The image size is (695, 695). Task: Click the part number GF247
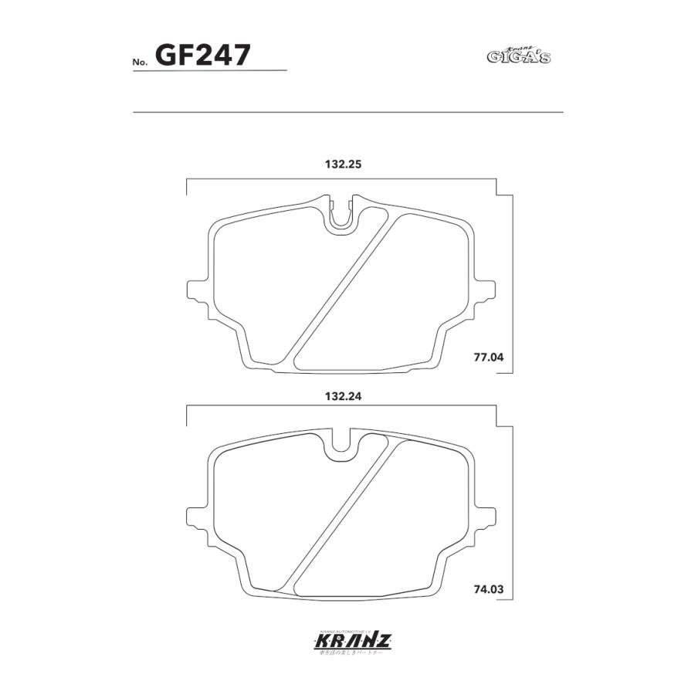[x=202, y=55]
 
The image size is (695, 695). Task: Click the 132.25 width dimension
[x=343, y=164]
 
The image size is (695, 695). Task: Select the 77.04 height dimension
[x=487, y=358]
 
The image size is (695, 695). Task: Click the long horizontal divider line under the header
[x=347, y=113]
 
